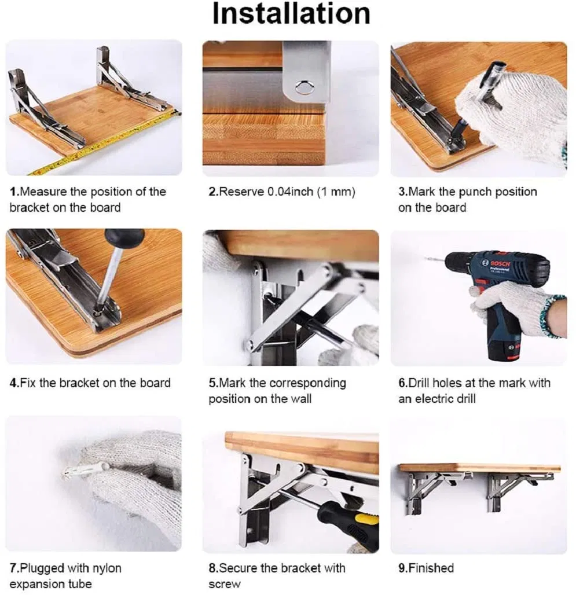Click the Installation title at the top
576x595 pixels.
point(291,14)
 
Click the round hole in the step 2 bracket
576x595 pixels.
point(302,87)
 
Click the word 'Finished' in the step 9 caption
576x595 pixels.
point(431,568)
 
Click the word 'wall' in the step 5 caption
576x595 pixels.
point(299,399)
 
